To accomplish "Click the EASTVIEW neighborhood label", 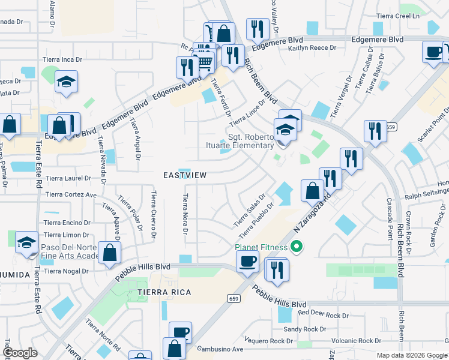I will [x=185, y=175].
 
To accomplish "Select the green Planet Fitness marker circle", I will [x=295, y=246].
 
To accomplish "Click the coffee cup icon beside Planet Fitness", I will [x=247, y=261].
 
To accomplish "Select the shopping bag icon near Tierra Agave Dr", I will [x=110, y=253].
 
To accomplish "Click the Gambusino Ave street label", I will [x=220, y=349].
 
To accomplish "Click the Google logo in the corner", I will [x=20, y=353].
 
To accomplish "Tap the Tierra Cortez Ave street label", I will [x=71, y=195].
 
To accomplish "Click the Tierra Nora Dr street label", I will [x=185, y=214].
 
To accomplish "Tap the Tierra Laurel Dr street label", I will [x=68, y=178].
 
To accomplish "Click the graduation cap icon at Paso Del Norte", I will [x=26, y=243].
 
